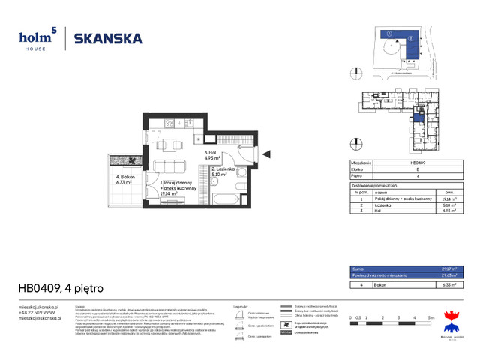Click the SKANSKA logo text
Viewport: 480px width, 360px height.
pos(108,39)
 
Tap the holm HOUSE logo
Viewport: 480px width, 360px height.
pos(37,38)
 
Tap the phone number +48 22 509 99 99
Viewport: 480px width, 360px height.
pos(37,312)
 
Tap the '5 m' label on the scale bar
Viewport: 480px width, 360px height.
pos(431,319)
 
